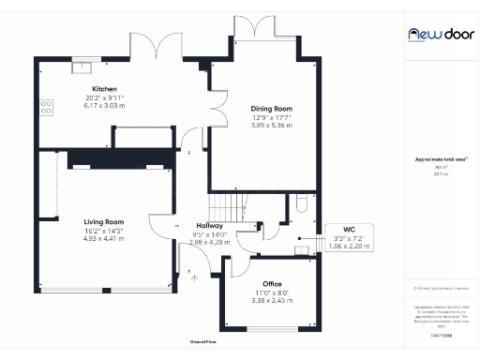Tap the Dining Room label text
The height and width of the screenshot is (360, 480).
(271, 109)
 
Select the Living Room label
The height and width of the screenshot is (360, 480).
(106, 221)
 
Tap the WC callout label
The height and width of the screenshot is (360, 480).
(349, 230)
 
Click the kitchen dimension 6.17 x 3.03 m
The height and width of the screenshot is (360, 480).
(103, 105)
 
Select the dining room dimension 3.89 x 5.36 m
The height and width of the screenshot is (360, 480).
(272, 125)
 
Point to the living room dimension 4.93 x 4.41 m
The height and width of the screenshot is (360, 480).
(106, 238)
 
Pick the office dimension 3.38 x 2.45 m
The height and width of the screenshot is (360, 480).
(272, 301)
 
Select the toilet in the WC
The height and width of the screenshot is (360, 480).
(301, 202)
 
